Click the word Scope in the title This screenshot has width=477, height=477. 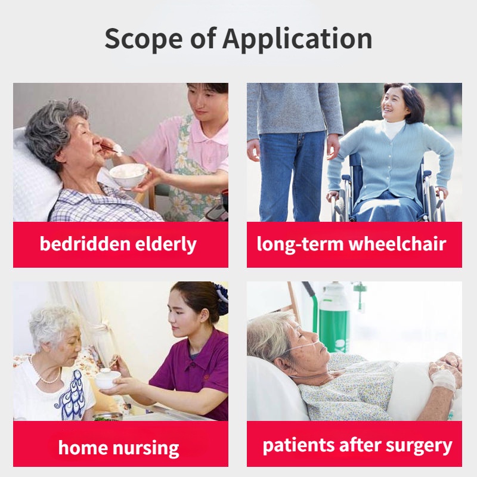[144, 39]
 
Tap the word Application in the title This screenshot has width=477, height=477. [298, 39]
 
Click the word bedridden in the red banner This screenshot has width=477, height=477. [85, 244]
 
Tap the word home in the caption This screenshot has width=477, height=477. [83, 448]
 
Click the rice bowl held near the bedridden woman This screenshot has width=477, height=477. [128, 175]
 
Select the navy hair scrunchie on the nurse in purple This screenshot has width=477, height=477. [222, 299]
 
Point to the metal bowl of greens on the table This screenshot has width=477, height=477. [107, 417]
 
